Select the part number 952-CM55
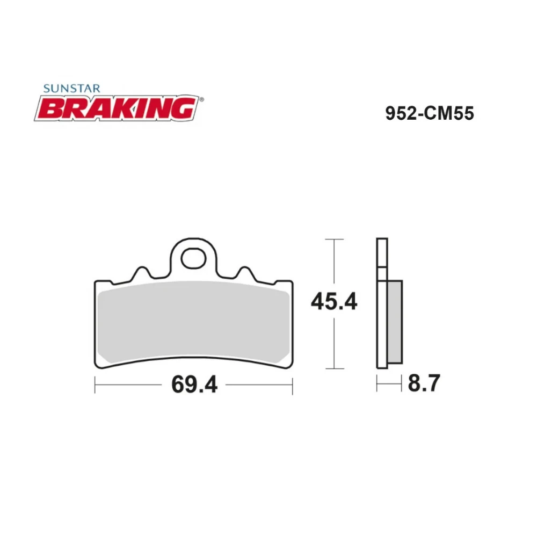pyautogui.click(x=430, y=114)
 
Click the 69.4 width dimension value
pyautogui.click(x=194, y=384)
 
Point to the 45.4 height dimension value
pyautogui.click(x=334, y=302)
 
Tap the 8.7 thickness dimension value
pyautogui.click(x=424, y=384)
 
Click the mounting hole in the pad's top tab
pyautogui.click(x=193, y=258)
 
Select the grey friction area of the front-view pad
pyautogui.click(x=193, y=322)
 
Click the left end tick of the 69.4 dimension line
pyautogui.click(x=95, y=384)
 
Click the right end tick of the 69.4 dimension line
pyautogui.click(x=292, y=384)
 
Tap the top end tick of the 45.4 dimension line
pyautogui.click(x=335, y=238)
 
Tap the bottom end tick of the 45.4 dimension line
pyautogui.click(x=335, y=368)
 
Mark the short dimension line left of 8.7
pyautogui.click(x=389, y=384)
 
